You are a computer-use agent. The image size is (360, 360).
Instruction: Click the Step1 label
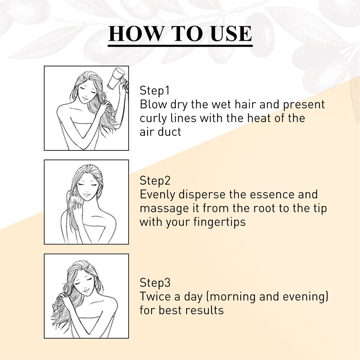155,90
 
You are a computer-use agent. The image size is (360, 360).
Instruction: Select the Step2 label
155,180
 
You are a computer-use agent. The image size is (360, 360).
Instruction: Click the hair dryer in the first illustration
117,79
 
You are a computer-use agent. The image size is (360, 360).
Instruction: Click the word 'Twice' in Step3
155,296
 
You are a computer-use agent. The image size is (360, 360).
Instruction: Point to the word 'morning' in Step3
233,297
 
